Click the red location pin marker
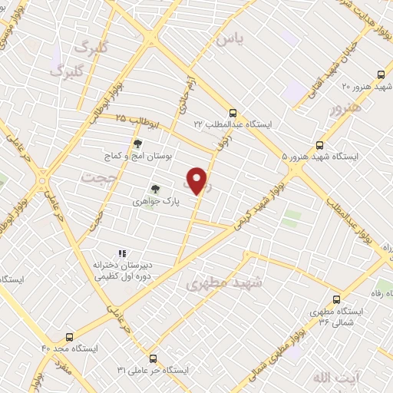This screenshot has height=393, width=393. click(197, 180)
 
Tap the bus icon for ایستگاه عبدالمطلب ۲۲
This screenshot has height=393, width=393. click(233, 114)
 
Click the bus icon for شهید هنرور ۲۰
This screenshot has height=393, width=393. click(381, 75)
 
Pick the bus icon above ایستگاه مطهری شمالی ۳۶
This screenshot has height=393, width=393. click(335, 300)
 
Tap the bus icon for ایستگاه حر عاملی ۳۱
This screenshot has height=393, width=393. click(152, 358)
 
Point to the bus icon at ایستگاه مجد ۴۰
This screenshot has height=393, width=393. click(70, 337)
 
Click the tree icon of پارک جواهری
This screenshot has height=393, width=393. click(155, 188)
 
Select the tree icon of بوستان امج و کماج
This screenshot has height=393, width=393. click(137, 144)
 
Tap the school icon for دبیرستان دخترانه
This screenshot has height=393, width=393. click(121, 253)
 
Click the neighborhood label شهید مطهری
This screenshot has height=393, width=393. click(223, 283)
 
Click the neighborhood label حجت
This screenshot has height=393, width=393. click(94, 178)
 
